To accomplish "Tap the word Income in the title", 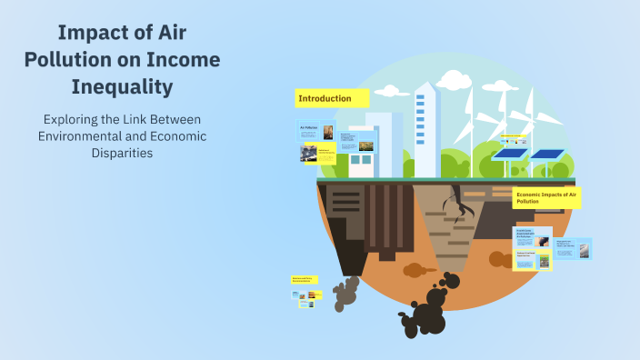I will (x=185, y=61).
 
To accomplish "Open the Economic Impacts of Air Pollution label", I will (x=546, y=197).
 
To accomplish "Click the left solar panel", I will (x=511, y=155).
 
